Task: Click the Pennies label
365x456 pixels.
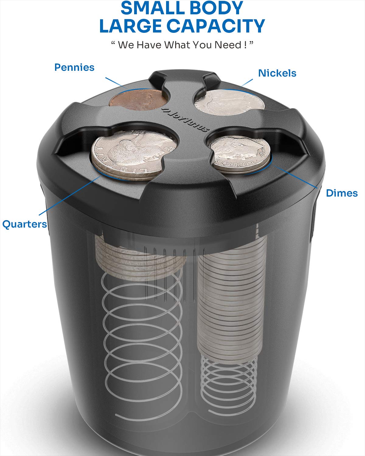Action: [x=74, y=67]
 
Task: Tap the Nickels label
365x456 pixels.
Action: [x=277, y=73]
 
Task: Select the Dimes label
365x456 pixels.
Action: [x=342, y=193]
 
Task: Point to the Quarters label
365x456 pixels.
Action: [x=25, y=224]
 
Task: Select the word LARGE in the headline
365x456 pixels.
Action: [x=130, y=26]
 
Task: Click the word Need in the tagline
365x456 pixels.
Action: [x=228, y=45]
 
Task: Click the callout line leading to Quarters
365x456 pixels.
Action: [x=70, y=195]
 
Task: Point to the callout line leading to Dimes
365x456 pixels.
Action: [x=296, y=177]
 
